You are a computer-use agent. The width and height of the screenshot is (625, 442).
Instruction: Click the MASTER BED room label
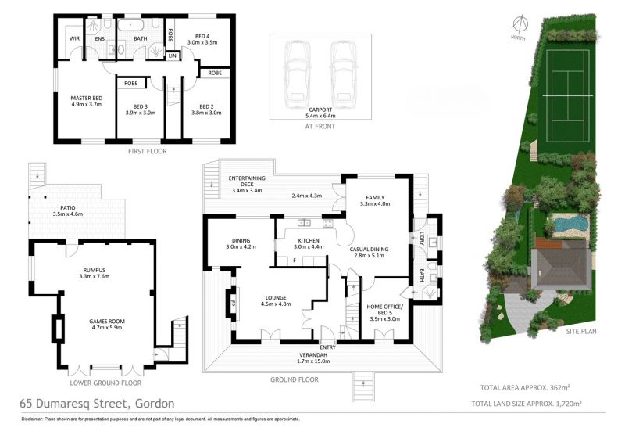87,99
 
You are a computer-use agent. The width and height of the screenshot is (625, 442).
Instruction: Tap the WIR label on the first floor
74,39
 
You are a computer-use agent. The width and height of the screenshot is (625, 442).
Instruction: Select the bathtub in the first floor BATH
130,25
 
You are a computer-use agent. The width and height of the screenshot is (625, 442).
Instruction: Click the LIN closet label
172,56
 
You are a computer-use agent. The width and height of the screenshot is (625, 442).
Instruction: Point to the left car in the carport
297,73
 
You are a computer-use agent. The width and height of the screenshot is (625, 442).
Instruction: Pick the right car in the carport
343,73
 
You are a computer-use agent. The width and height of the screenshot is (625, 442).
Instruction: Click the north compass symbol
520,24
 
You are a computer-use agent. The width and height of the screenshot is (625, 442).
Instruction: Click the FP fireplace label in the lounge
234,302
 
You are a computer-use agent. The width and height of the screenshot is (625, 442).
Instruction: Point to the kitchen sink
304,223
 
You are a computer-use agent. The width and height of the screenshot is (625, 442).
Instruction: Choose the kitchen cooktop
327,223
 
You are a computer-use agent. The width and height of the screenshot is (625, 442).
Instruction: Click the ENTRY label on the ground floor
328,347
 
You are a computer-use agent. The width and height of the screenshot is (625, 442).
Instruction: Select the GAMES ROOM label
107,321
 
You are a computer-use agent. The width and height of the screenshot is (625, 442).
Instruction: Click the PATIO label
68,208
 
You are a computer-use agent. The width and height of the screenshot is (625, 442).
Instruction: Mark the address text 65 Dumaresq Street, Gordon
97,404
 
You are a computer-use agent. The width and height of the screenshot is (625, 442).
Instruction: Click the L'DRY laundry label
422,239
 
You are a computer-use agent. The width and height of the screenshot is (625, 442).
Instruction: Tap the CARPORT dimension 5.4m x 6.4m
320,117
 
